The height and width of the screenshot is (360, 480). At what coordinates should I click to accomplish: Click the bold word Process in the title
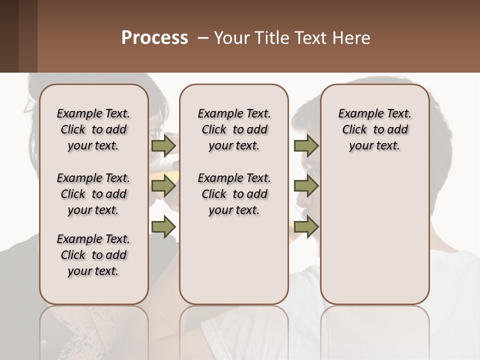point(154,38)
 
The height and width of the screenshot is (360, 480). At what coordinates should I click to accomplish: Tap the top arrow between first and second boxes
point(163,146)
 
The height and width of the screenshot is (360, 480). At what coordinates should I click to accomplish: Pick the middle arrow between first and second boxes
point(163,186)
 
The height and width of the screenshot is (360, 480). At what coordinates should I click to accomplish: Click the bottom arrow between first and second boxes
point(163,226)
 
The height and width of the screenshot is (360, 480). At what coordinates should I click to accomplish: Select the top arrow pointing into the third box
point(306,146)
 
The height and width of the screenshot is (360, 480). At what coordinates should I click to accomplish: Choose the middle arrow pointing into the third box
point(306,186)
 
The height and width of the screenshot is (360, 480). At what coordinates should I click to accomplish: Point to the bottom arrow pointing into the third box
point(306,226)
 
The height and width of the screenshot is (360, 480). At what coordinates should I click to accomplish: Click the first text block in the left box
point(93,129)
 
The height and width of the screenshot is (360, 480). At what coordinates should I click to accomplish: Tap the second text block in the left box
point(93,194)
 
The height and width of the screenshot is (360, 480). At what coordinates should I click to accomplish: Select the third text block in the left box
point(93,255)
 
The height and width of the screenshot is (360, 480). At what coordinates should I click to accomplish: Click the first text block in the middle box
point(234,129)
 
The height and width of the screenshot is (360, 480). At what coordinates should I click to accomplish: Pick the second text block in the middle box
point(234,194)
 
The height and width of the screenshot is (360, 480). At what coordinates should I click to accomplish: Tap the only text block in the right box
point(374,129)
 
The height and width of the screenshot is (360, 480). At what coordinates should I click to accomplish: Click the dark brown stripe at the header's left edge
point(9,36)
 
